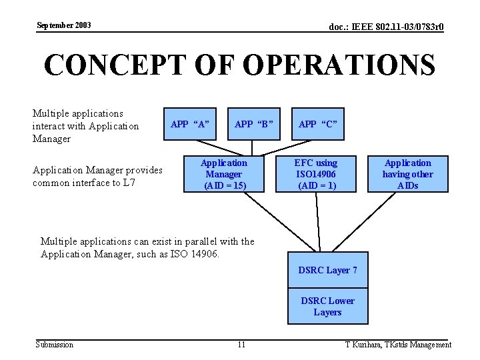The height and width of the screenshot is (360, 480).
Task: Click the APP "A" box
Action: (190, 124)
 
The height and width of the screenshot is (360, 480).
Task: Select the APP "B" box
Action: (254, 124)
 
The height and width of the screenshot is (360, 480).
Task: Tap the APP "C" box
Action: (318, 124)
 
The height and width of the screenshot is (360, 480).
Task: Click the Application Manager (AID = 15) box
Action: (224, 174)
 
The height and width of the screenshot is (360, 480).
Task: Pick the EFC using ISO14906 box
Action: (317, 174)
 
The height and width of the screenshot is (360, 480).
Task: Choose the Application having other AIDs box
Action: (407, 174)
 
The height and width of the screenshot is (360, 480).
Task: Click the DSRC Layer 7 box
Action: (327, 270)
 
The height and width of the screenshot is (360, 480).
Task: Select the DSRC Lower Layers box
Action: (327, 307)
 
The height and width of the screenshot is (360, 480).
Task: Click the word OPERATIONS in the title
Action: (339, 65)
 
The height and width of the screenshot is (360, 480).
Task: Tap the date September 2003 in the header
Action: (64, 25)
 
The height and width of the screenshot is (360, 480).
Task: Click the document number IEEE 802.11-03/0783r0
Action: (387, 27)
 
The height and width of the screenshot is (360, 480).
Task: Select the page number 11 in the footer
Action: (241, 345)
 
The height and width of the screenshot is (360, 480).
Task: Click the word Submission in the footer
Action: (55, 345)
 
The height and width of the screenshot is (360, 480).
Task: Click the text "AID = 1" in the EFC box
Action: (317, 185)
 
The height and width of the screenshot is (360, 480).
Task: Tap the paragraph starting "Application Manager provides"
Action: (97, 177)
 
